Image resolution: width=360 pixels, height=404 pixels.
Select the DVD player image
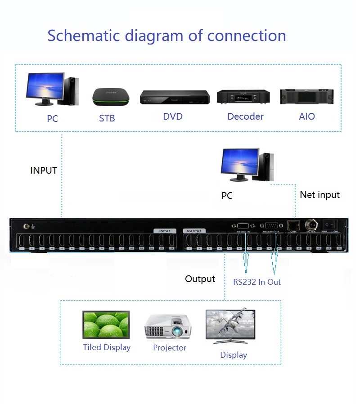[175, 97]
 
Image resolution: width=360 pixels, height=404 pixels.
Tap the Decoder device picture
[243, 96]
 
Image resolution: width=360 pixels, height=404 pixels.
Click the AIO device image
[306, 96]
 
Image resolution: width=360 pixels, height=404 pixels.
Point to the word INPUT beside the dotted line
[44, 171]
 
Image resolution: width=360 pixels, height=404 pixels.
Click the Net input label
[319, 195]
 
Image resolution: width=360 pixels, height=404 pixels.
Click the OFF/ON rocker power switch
[333, 224]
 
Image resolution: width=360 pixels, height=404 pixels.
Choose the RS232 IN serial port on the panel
[243, 226]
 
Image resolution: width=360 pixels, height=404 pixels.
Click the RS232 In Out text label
[256, 282]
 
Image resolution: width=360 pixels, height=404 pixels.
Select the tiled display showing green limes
[106, 325]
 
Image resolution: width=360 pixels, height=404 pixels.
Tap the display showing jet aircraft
[230, 325]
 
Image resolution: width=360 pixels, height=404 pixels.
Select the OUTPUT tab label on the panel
[194, 231]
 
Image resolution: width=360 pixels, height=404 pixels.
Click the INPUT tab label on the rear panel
[165, 231]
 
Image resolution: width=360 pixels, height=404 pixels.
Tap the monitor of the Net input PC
[240, 162]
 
